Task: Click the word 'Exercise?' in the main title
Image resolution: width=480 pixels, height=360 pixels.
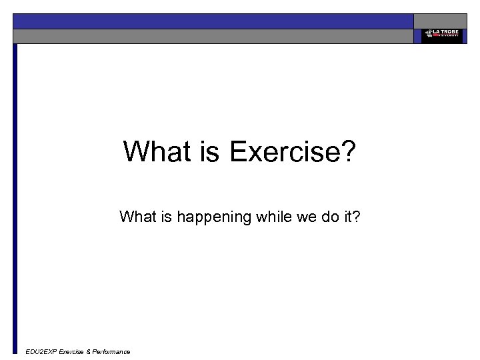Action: pyautogui.click(x=293, y=151)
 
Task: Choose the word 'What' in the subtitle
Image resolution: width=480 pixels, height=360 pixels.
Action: pyautogui.click(x=136, y=217)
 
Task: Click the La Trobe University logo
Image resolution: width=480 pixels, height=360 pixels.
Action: pyautogui.click(x=441, y=36)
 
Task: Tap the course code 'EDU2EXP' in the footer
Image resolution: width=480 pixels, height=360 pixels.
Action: pyautogui.click(x=41, y=351)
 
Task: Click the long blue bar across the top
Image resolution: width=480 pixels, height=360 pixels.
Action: pyautogui.click(x=213, y=21)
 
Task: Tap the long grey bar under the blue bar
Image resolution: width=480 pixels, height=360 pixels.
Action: pyautogui.click(x=213, y=36)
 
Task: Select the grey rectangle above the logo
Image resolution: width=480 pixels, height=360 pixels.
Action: pyautogui.click(x=441, y=21)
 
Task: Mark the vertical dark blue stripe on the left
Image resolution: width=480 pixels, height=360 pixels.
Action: pyautogui.click(x=15, y=200)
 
